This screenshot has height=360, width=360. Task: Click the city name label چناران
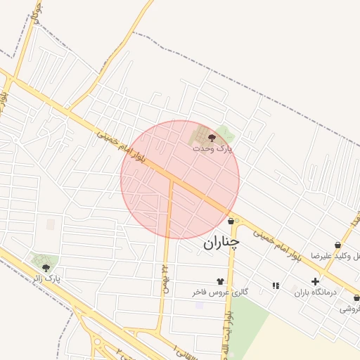pos(221,243)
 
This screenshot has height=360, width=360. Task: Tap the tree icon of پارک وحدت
pos(212,139)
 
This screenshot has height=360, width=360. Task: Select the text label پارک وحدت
pos(213,149)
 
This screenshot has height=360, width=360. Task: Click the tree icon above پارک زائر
pos(46,268)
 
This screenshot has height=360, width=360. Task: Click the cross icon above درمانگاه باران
pos(315,281)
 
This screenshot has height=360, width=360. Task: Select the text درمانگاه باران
pos(311,291)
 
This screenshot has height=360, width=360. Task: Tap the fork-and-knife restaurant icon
pos(275,285)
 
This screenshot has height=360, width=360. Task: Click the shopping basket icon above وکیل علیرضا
pos(338,245)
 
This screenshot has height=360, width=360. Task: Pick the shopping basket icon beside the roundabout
pos(231,221)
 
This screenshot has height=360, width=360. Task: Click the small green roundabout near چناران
pos(237,221)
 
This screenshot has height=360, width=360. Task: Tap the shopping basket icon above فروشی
pos(356,298)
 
